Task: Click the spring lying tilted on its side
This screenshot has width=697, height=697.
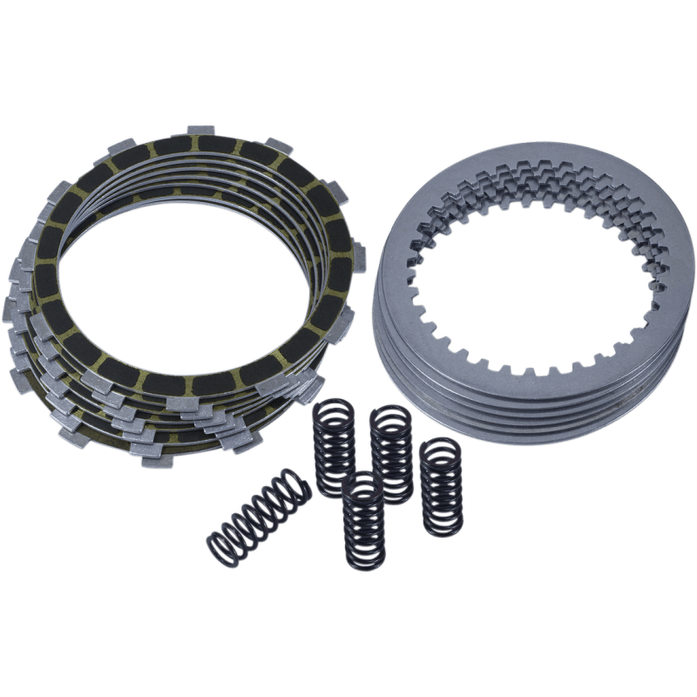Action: [258, 514]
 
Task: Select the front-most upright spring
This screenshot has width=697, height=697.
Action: [364, 521]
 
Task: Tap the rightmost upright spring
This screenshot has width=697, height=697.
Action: [442, 488]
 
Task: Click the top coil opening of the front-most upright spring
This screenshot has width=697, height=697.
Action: [363, 482]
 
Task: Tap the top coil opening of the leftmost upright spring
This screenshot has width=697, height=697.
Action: [335, 406]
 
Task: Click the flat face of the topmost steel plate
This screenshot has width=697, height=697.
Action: [627, 253]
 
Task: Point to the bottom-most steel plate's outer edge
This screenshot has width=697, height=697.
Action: [523, 440]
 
